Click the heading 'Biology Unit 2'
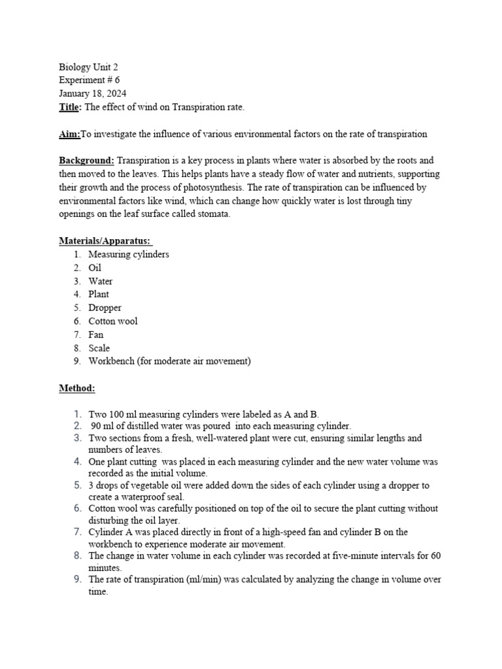[88, 67]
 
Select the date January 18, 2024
[93, 94]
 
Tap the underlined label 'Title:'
[71, 107]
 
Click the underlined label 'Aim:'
[69, 134]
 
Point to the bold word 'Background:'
[87, 161]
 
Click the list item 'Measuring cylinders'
[128, 255]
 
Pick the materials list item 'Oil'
[95, 268]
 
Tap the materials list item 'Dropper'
[105, 308]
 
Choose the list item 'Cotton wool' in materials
[113, 321]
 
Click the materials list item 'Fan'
[96, 334]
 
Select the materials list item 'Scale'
[99, 348]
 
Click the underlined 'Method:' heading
[77, 388]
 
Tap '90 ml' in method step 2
[103, 425]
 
